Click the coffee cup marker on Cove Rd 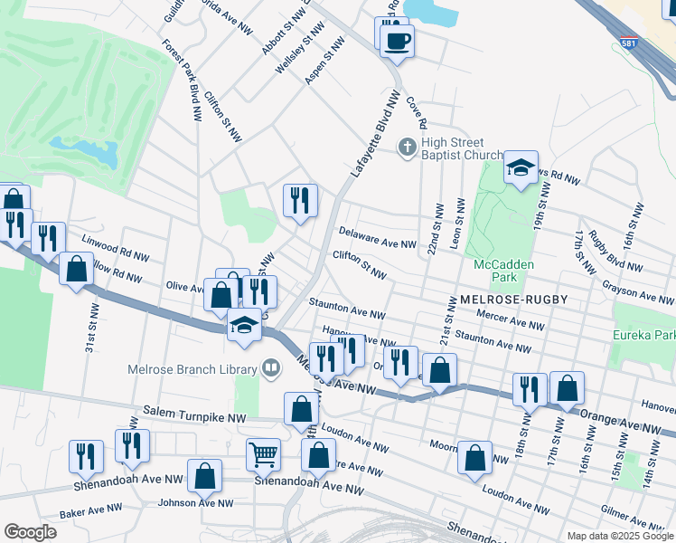397,40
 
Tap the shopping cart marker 264,453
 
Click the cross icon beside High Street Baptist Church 408,147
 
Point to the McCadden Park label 503,271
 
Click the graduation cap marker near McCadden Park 521,168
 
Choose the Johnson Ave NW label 195,503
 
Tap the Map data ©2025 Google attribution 620,536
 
